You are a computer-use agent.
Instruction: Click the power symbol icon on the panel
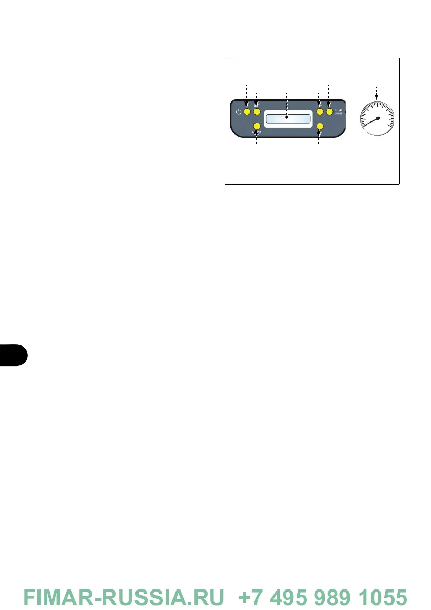[x=239, y=112]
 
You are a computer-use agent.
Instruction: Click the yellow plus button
[x=320, y=111]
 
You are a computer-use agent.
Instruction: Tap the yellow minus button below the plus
[x=320, y=126]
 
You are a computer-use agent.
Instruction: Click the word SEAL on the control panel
[x=339, y=110]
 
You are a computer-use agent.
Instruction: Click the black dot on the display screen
[x=287, y=118]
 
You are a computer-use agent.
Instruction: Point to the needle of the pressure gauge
[x=371, y=122]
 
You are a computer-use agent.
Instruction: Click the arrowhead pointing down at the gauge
[x=377, y=93]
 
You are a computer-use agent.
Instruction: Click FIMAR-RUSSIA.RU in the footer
[x=124, y=597]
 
